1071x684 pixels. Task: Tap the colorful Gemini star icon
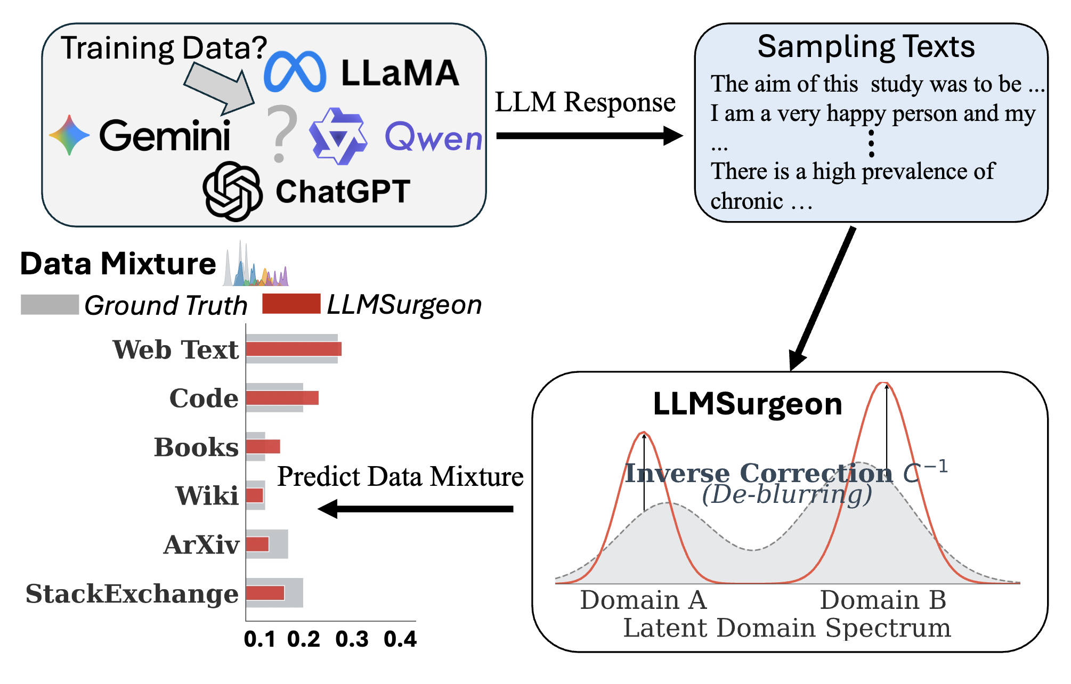69,135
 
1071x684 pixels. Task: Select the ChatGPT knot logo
233,191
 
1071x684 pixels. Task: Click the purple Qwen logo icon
338,136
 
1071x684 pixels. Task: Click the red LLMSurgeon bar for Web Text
294,349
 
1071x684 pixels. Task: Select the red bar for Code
282,398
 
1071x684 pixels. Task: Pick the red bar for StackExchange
265,593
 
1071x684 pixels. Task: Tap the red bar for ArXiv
257,544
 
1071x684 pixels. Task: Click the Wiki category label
207,495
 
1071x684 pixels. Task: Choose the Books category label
196,447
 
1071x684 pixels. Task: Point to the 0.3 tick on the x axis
352,639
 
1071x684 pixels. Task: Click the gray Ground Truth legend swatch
50,304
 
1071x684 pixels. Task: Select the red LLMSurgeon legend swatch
291,304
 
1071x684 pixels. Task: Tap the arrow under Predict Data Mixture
416,509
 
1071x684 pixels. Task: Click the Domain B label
883,600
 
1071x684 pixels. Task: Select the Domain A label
643,600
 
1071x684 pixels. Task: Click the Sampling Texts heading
866,46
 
